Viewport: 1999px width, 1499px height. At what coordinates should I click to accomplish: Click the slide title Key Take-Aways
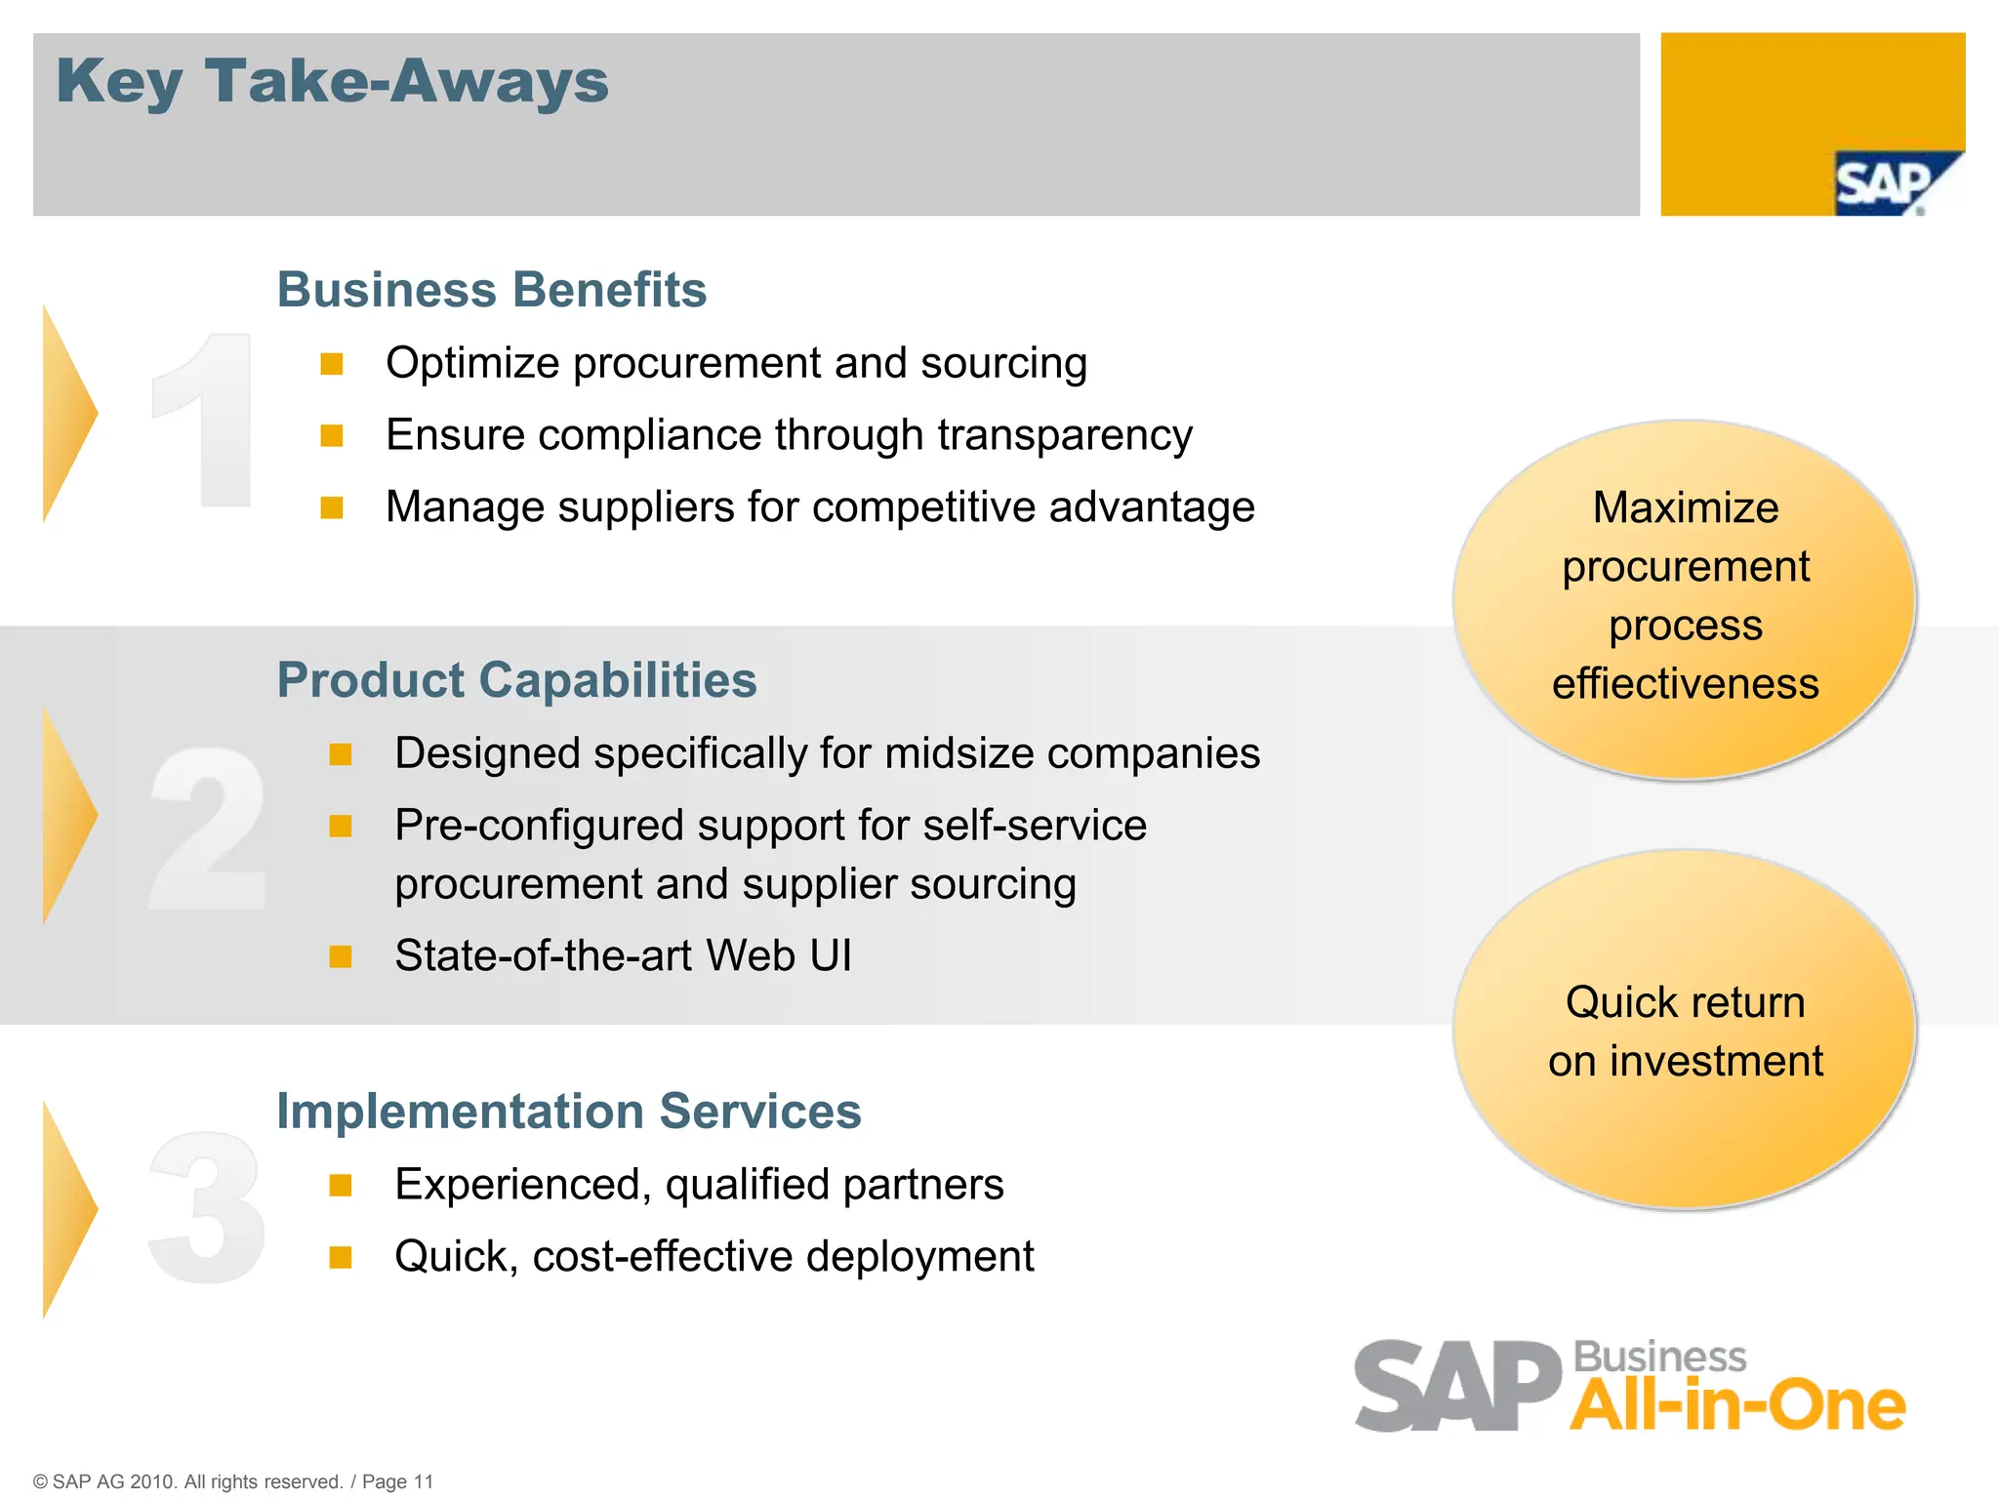pos(332,82)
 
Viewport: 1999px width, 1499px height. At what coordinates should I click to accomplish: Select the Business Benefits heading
pos(491,290)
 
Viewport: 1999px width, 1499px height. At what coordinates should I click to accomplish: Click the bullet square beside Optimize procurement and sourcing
pos(332,364)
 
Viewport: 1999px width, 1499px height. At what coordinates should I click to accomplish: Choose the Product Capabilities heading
pos(516,680)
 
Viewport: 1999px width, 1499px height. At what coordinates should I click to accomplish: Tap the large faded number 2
pos(207,828)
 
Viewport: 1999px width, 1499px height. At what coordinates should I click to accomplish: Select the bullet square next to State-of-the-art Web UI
pos(341,956)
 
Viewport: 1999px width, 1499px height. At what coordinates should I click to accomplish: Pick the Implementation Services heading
pos(568,1112)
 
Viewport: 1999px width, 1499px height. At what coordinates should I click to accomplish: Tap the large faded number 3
pos(207,1208)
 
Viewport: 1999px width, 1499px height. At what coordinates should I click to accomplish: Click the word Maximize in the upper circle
pos(1686,508)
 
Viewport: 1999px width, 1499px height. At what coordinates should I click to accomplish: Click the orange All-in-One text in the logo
pos(1737,1405)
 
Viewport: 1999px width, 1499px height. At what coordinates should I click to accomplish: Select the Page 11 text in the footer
pos(397,1481)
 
